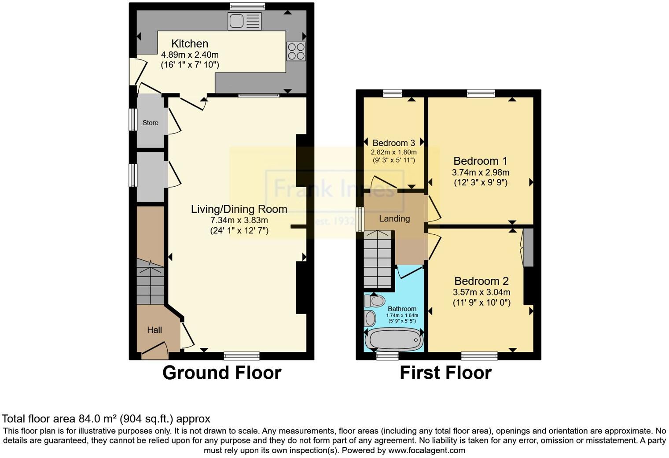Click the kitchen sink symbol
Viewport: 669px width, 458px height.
coord(244,21)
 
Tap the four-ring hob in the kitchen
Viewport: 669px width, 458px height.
coord(296,51)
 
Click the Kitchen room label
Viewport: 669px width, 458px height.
coord(190,44)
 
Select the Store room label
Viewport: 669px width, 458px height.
coord(151,123)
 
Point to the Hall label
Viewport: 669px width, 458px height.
coord(154,330)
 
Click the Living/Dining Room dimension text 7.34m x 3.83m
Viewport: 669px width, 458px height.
coord(239,220)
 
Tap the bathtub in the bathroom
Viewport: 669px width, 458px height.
coord(394,340)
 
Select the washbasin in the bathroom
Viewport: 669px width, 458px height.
coord(371,318)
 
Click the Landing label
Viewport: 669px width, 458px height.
coord(394,218)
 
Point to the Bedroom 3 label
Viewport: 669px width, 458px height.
coord(393,143)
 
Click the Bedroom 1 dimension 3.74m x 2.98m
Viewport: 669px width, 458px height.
coord(481,172)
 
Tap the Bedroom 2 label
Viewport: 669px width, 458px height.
coord(482,281)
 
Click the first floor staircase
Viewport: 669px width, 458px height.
coord(378,261)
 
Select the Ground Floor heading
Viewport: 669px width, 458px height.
coord(222,373)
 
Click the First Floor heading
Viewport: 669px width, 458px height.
coord(445,373)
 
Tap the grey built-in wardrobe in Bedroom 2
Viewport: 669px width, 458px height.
coord(528,247)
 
